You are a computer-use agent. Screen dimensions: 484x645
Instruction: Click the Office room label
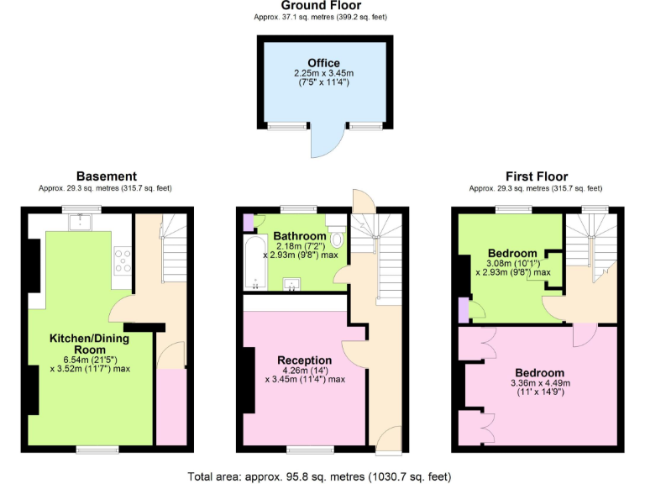pyautogui.click(x=323, y=63)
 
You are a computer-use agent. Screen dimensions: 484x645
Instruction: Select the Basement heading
pyautogui.click(x=106, y=176)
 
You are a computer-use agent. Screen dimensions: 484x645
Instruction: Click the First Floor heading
pyautogui.click(x=535, y=176)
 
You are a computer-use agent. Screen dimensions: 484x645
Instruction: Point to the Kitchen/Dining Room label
pyautogui.click(x=90, y=343)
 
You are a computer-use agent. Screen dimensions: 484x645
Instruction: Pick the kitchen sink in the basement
pyautogui.click(x=81, y=222)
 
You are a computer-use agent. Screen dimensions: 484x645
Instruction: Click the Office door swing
pyautogui.click(x=324, y=142)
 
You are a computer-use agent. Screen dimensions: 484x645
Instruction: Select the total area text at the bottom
pyautogui.click(x=322, y=476)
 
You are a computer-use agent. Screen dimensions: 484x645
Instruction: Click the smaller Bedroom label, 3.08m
pyautogui.click(x=512, y=253)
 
